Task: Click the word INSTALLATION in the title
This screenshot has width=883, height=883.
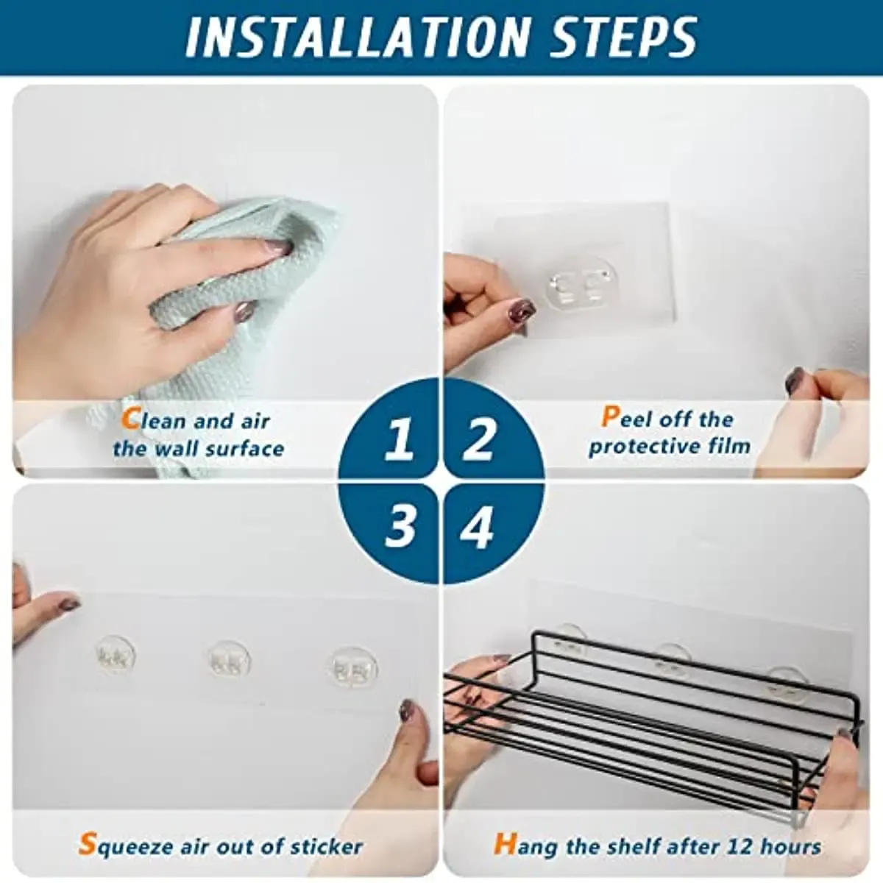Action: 358,36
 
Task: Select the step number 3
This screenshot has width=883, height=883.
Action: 400,525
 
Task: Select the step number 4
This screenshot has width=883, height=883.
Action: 477,527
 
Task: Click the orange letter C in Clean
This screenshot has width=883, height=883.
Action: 130,419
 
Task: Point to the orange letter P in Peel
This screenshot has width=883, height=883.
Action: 610,417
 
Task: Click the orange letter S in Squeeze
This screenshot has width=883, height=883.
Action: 87,844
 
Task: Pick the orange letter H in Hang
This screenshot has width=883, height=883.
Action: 505,844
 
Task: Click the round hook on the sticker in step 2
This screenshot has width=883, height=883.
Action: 581,283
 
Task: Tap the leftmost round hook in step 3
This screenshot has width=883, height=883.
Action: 116,655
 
